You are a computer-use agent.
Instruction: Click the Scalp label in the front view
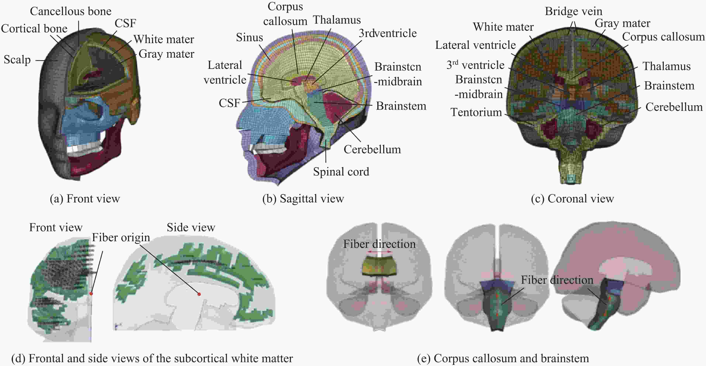[17, 59]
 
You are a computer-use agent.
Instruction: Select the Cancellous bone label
[70, 11]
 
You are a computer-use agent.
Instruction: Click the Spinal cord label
[341, 172]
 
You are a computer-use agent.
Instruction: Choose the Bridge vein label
[573, 11]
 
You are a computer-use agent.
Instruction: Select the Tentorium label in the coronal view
[476, 112]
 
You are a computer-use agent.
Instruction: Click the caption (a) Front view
[85, 198]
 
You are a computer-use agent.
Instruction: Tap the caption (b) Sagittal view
[303, 198]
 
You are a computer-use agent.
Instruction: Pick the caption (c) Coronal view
[572, 198]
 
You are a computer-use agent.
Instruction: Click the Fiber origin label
[121, 237]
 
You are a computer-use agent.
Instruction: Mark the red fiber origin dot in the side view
[199, 294]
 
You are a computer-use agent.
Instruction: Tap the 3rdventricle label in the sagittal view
[388, 33]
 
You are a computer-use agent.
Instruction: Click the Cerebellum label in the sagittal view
[372, 149]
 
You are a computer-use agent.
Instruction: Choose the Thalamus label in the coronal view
[666, 66]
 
